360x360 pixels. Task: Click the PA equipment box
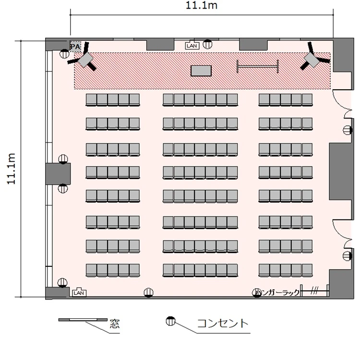75,47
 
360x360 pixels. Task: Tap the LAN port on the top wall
192,46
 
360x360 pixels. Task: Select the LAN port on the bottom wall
79,292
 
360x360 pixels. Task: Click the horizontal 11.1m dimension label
201,5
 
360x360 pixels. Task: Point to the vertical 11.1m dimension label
11,168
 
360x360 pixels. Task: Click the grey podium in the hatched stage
201,71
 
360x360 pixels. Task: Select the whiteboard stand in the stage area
258,67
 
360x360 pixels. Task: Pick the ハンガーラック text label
277,292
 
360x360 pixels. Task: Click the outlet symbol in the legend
170,321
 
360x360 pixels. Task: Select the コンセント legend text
223,323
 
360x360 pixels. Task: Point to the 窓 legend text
115,324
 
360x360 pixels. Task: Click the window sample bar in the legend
83,320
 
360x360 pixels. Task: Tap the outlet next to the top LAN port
207,44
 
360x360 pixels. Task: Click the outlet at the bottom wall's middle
148,293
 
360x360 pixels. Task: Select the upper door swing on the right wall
342,103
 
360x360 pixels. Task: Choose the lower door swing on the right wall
342,233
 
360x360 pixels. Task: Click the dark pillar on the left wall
58,174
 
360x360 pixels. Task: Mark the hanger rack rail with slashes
315,291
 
